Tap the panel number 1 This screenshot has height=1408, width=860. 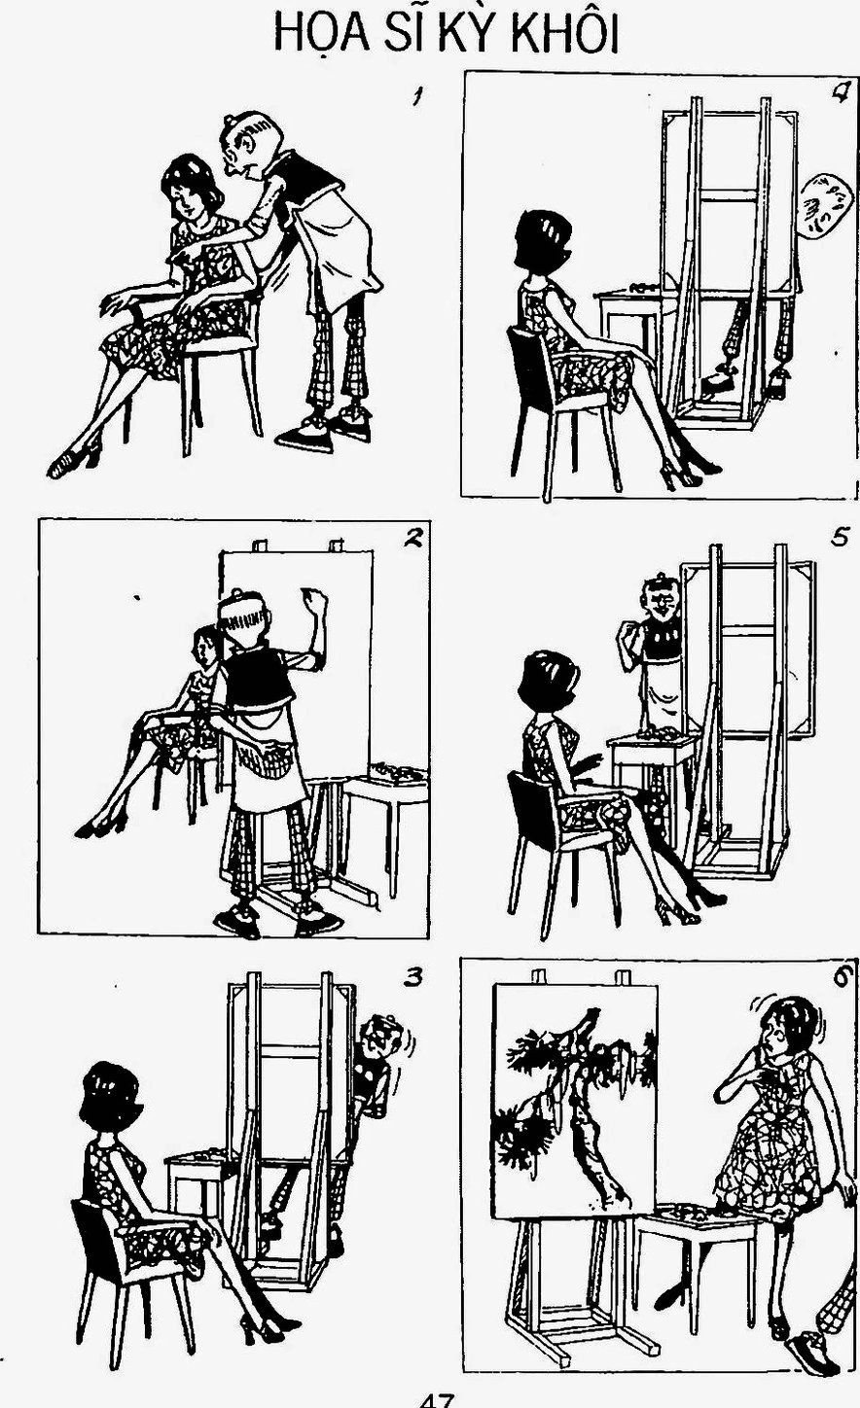pyautogui.click(x=416, y=97)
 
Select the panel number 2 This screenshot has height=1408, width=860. pyautogui.click(x=412, y=538)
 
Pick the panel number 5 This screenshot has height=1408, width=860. pyautogui.click(x=842, y=538)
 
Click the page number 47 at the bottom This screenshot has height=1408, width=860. pyautogui.click(x=436, y=1400)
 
